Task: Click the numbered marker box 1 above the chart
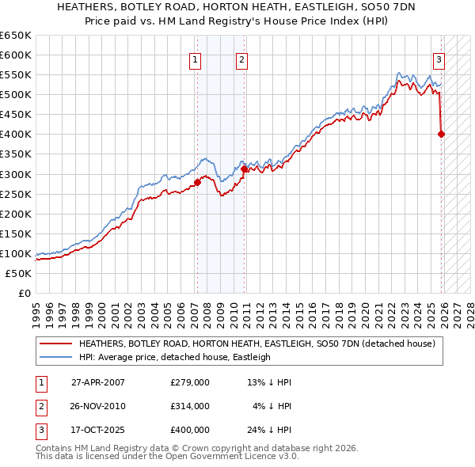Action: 196,58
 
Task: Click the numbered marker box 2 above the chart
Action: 241,58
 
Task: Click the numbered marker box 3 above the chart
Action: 439,58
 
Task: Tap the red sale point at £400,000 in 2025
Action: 441,134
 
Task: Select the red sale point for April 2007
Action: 197,182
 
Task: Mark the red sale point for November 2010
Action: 244,168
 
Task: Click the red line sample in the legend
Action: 55,344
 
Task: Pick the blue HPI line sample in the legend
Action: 55,357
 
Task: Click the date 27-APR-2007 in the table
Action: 97,382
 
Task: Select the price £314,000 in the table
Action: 189,406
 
